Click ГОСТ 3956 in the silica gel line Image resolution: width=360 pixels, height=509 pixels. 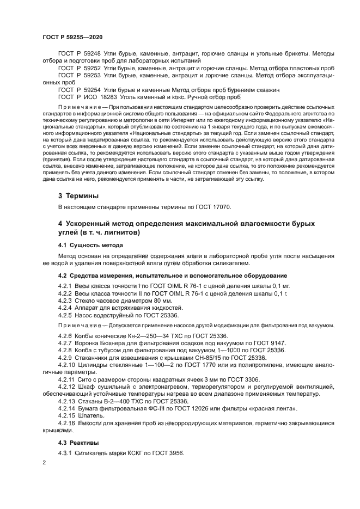(x=168, y=453)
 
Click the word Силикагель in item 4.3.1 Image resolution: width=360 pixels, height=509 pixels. (x=96, y=453)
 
